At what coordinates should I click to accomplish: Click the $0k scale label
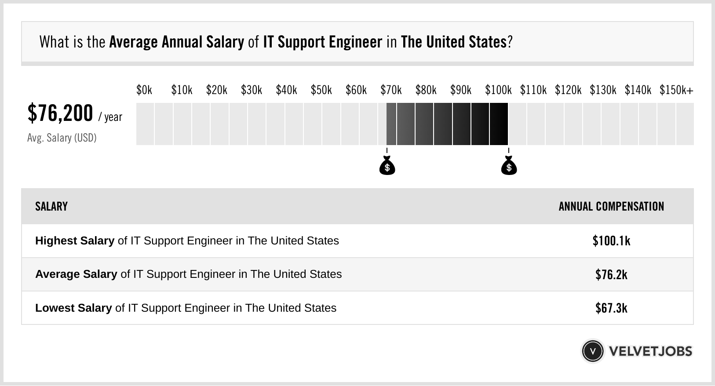[x=144, y=90]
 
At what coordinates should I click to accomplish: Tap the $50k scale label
[x=321, y=90]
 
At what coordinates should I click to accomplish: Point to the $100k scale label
[x=498, y=90]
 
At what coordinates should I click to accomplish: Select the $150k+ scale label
[x=676, y=90]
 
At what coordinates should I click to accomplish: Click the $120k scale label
[x=568, y=90]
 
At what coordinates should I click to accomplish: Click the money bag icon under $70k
[x=387, y=166]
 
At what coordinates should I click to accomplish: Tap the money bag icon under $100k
[x=509, y=166]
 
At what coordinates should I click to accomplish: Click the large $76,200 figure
[x=60, y=113]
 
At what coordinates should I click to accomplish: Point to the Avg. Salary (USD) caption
[x=62, y=138]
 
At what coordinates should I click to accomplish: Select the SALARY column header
[x=51, y=207]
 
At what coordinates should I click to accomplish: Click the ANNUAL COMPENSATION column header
[x=611, y=207]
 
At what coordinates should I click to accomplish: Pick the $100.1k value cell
[x=611, y=241]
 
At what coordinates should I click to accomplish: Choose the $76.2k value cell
[x=611, y=275]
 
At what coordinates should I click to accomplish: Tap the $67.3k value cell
[x=611, y=308]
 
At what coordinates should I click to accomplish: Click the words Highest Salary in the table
[x=75, y=241]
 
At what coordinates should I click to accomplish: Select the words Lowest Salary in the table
[x=73, y=308]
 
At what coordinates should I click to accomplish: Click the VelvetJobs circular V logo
[x=592, y=351]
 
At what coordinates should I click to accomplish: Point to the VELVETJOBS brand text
[x=650, y=351]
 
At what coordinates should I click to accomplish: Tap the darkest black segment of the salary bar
[x=499, y=124]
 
